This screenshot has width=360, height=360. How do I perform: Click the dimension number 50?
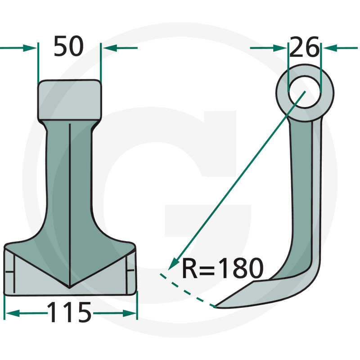point(68,46)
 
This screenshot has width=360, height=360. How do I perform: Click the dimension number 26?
point(304,47)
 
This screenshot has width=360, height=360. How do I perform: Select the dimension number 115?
point(69,312)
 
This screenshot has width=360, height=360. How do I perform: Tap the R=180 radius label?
point(222,269)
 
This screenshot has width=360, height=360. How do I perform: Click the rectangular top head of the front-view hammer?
point(69,99)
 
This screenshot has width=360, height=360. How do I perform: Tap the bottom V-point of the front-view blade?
point(69,287)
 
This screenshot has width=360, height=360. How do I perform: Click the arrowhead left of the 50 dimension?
point(31,47)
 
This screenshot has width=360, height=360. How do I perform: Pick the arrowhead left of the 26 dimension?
point(282,47)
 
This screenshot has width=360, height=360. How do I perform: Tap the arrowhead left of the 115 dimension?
point(10,313)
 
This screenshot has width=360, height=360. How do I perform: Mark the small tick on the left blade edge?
point(9,271)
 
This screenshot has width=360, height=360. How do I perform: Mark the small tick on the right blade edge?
point(130,270)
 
